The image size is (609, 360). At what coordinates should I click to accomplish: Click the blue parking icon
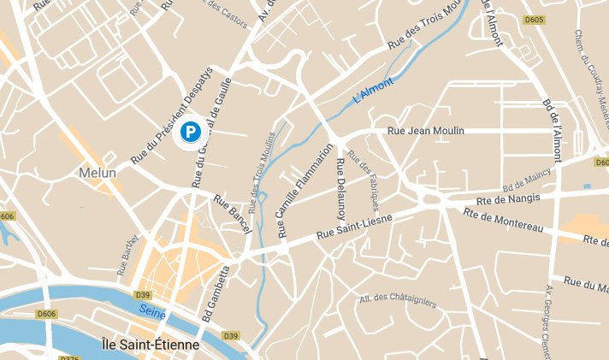(x=190, y=132)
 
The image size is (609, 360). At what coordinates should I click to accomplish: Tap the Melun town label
(x=97, y=173)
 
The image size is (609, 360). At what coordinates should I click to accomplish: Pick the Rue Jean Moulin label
(x=425, y=131)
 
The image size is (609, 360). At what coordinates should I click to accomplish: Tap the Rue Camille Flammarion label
(x=304, y=189)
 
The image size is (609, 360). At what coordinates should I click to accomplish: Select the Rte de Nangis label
(x=511, y=198)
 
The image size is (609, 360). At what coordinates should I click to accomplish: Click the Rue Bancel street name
(x=231, y=214)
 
